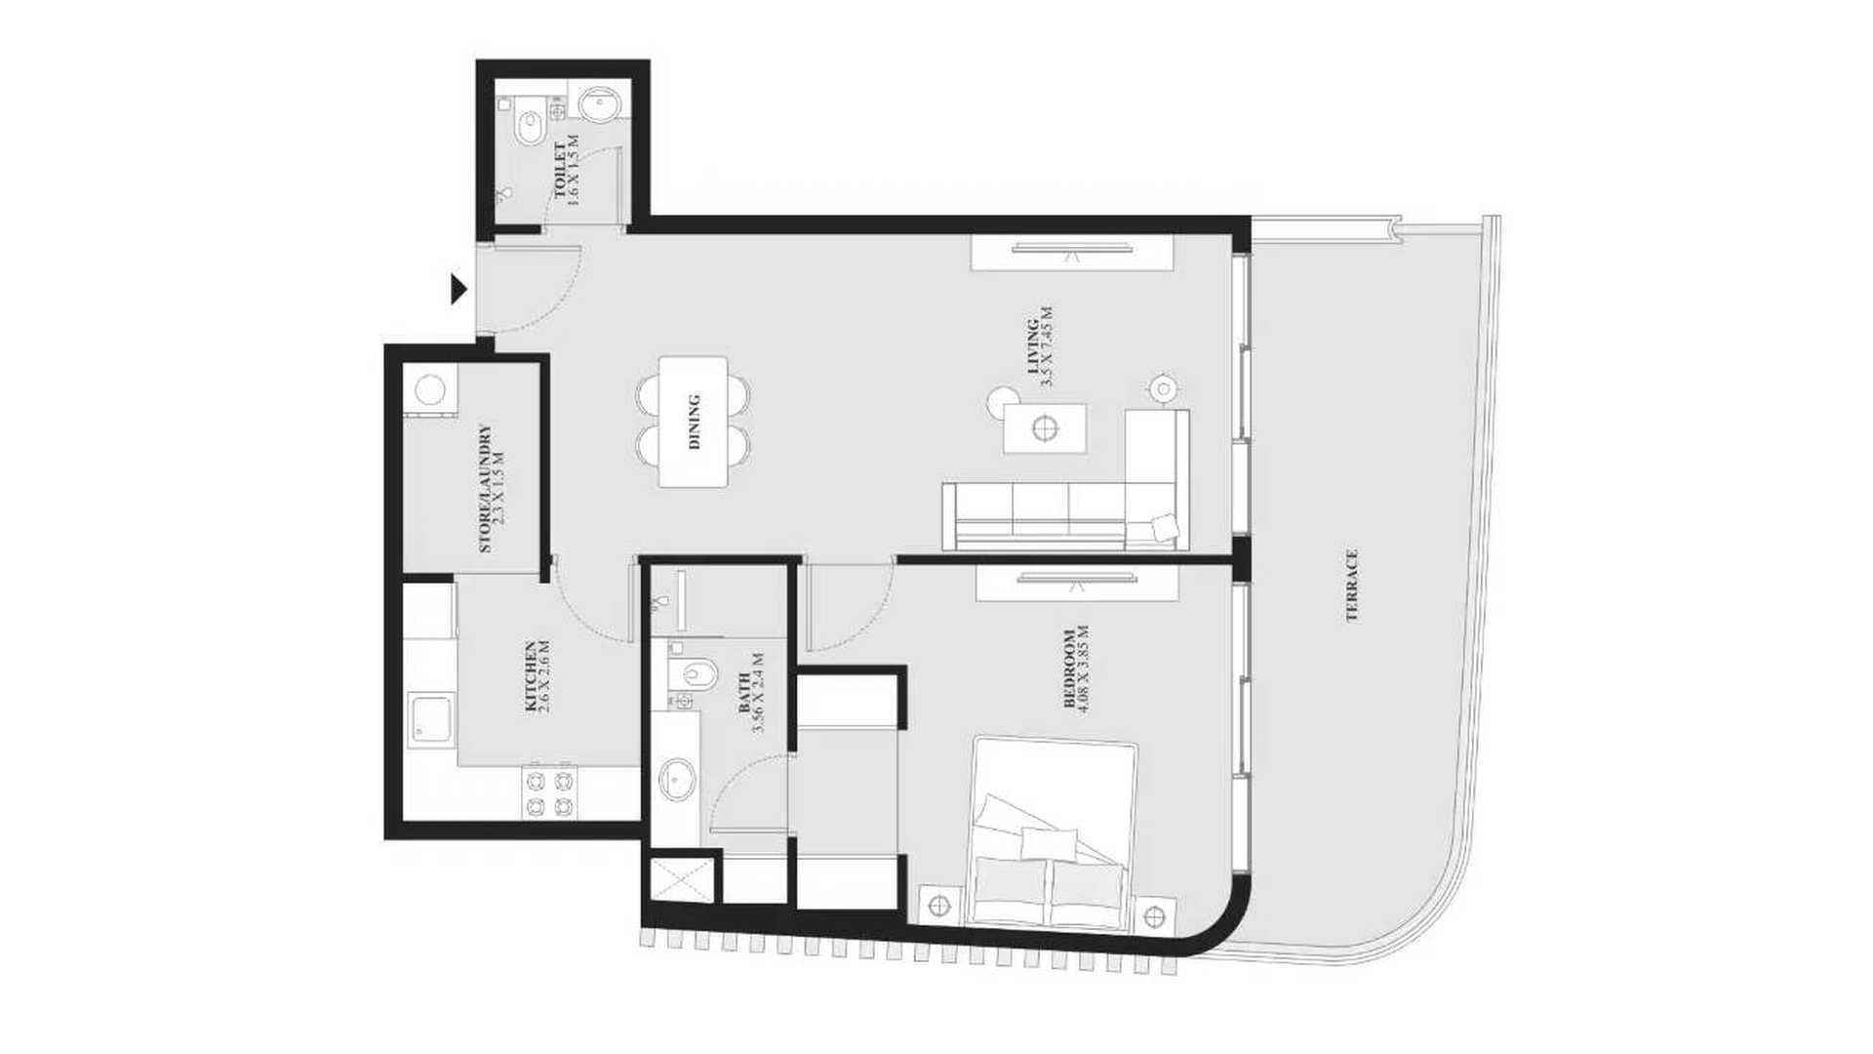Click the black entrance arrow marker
[x=458, y=290]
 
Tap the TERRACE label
[x=1352, y=586]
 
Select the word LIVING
[x=1032, y=347]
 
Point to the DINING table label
[x=695, y=422]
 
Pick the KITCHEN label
[x=530, y=676]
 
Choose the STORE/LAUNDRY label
[x=485, y=489]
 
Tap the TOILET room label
[x=560, y=171]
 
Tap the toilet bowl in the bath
[x=694, y=672]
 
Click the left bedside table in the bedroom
[x=940, y=905]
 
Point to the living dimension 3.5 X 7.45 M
[x=1048, y=347]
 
